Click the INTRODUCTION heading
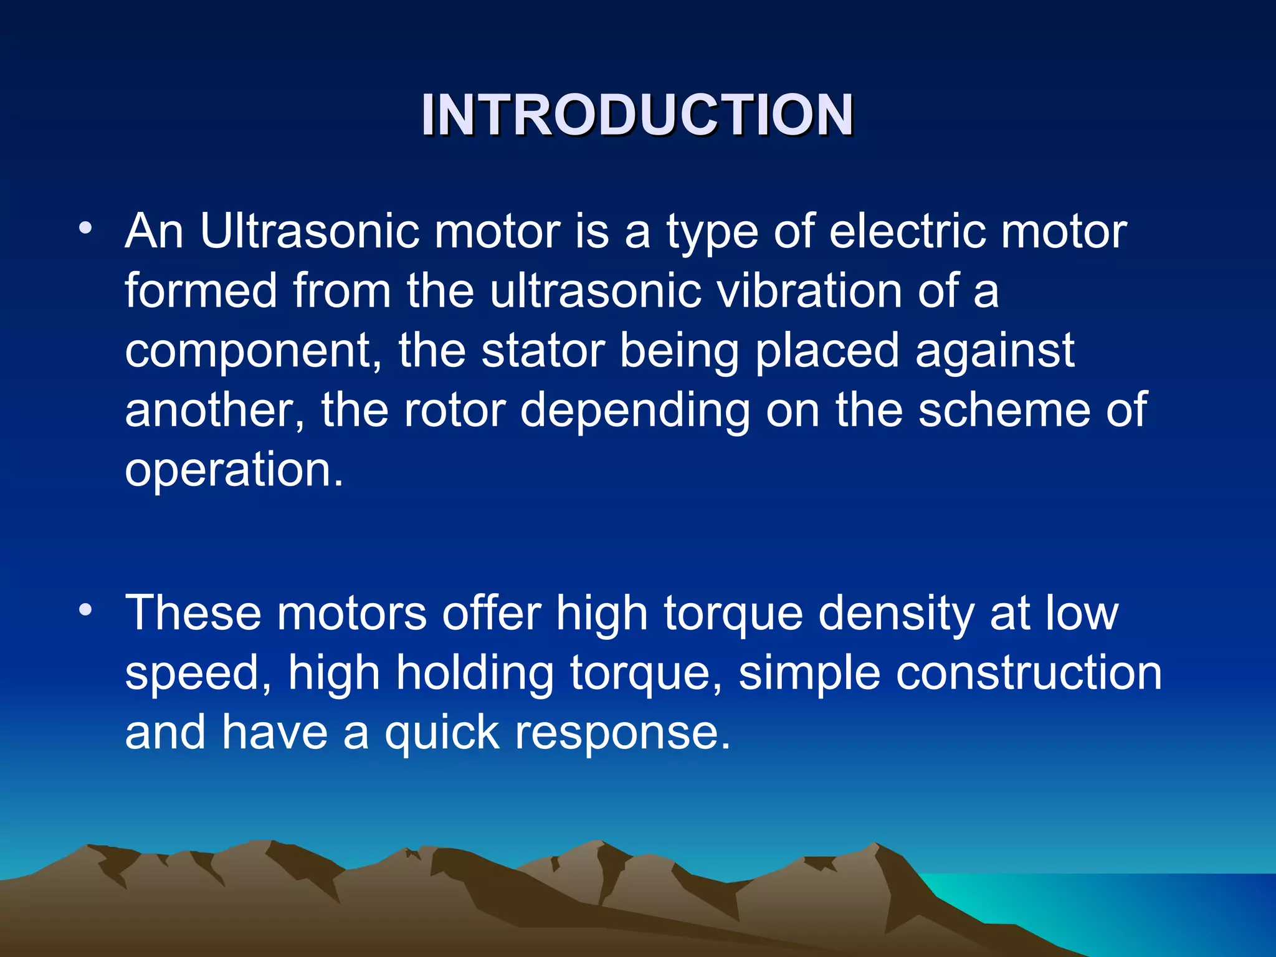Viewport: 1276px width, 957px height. (637, 115)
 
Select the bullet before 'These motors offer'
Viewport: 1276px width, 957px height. (85, 609)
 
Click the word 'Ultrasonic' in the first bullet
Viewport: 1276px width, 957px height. (309, 232)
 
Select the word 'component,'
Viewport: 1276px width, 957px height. (253, 352)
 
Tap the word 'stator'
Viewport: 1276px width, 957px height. (543, 351)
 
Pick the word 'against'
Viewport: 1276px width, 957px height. (994, 352)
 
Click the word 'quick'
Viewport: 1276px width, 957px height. (442, 733)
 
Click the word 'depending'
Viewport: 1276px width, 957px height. (635, 412)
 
